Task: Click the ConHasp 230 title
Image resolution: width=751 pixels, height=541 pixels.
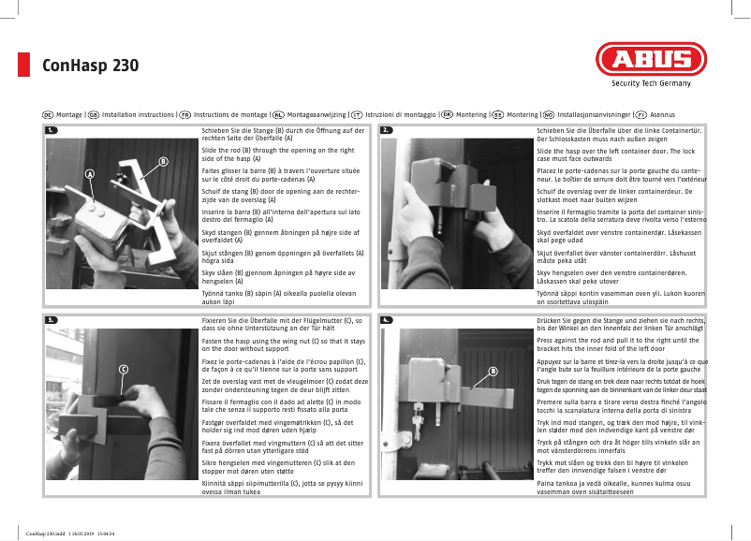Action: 91,66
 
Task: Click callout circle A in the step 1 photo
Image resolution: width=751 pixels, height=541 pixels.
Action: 91,174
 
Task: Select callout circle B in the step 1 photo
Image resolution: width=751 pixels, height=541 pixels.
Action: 163,162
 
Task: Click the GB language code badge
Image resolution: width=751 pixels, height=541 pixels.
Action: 94,113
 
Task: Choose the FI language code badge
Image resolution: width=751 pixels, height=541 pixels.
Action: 641,113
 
